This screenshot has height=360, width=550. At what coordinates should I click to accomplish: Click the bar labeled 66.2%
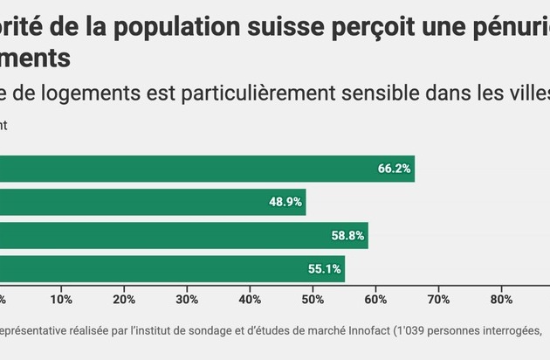coord(207,169)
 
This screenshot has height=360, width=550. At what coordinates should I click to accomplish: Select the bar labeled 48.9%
coord(153,202)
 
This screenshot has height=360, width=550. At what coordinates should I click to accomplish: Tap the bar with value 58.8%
coord(183,235)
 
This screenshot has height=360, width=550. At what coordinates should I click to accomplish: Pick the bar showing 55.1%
coord(172,268)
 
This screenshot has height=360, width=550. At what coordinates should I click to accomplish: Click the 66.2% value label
coord(394,169)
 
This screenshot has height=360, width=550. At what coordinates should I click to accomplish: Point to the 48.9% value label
coord(285,202)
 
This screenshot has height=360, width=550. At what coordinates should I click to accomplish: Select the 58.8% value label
coord(347,235)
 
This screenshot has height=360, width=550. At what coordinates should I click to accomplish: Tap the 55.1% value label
coord(324,268)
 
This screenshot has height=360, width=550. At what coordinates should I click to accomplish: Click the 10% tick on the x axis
coord(61,300)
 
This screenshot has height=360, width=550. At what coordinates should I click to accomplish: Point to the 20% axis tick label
coord(124,300)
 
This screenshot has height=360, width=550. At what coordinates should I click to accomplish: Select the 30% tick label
coord(187,300)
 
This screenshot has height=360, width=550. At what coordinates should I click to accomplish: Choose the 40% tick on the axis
coord(250,300)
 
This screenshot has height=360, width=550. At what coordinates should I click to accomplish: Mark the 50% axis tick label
coord(313,300)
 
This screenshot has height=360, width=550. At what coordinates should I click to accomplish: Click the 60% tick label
coord(375,300)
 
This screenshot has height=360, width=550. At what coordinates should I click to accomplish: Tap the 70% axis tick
coord(438,300)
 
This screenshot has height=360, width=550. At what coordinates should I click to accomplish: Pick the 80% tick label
coord(501,300)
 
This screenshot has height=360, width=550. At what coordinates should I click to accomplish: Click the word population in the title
coord(167,25)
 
